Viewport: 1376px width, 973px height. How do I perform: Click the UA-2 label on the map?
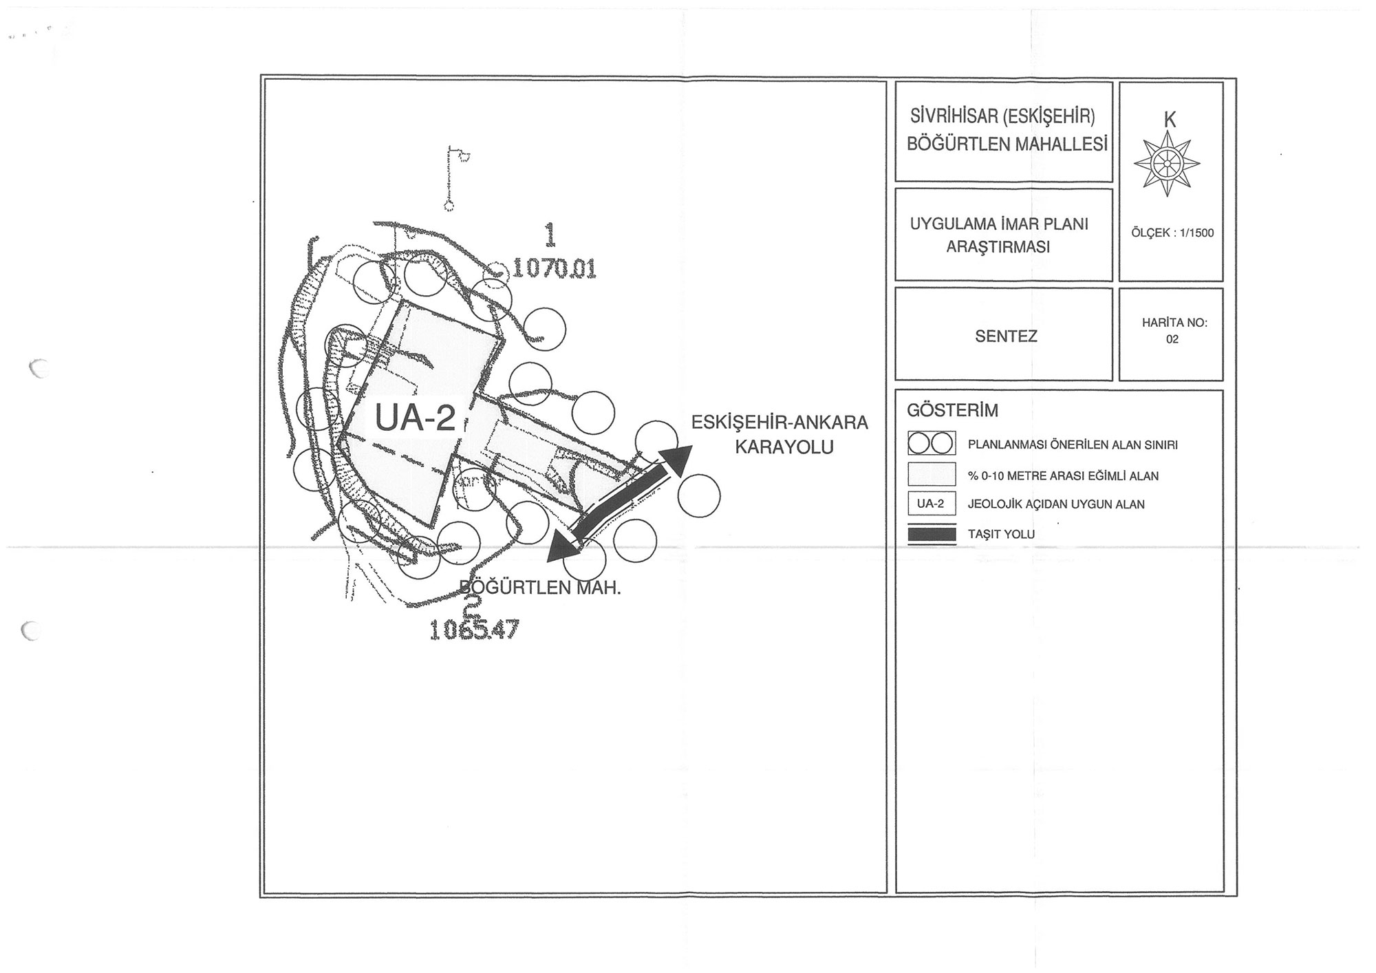coord(414,418)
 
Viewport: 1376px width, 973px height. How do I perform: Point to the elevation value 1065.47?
coord(474,630)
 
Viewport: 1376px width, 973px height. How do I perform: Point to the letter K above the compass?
coord(1170,120)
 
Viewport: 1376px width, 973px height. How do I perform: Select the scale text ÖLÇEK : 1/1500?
coord(1172,233)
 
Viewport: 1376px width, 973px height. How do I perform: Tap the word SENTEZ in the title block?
coord(1006,336)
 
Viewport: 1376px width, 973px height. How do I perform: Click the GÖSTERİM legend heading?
coord(952,411)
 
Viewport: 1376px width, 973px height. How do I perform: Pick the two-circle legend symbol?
coord(932,445)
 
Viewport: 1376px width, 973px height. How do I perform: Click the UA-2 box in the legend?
coord(931,504)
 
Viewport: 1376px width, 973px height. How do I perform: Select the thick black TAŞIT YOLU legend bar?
coord(932,534)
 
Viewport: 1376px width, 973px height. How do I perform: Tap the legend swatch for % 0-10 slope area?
coord(932,475)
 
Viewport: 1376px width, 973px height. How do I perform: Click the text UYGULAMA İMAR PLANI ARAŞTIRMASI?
coord(999,235)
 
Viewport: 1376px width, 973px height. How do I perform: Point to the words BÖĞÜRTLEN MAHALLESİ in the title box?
coord(1007,144)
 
